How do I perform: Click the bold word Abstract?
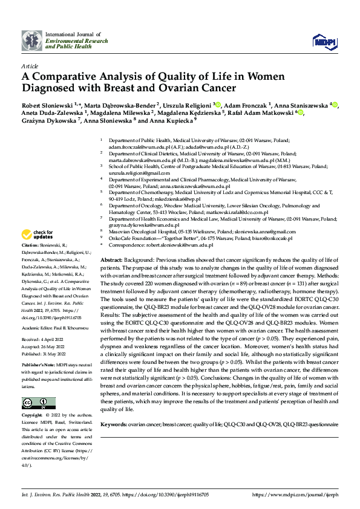point(114,259)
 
